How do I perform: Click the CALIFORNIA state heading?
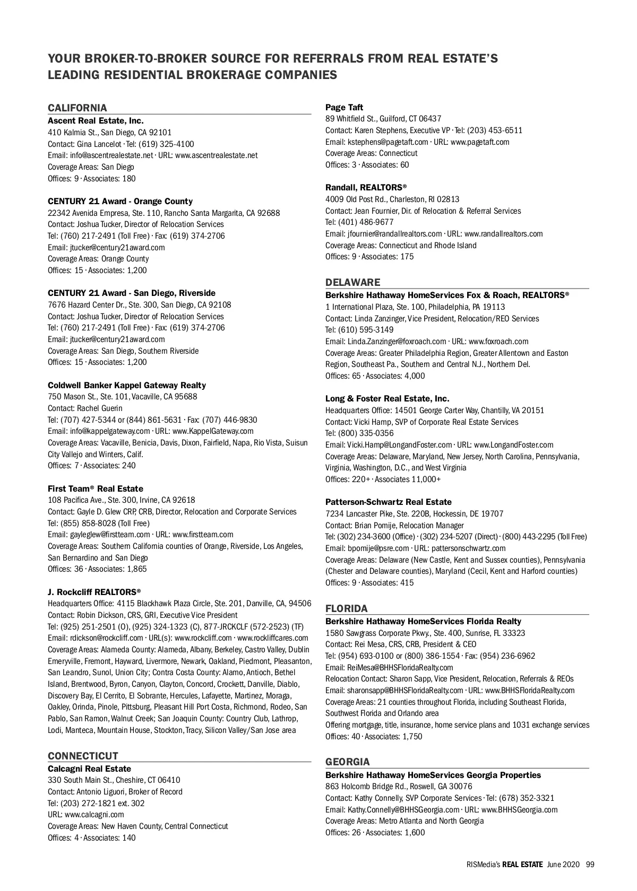tap(78, 108)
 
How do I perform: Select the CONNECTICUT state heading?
tap(83, 756)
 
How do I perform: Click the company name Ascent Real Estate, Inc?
tap(96, 120)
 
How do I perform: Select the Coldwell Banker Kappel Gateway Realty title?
tap(127, 385)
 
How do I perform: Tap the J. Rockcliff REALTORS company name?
tap(94, 591)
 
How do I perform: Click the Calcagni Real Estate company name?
tap(89, 768)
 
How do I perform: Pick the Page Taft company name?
tap(344, 107)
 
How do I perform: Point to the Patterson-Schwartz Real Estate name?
tap(388, 502)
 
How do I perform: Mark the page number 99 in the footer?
tap(590, 864)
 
